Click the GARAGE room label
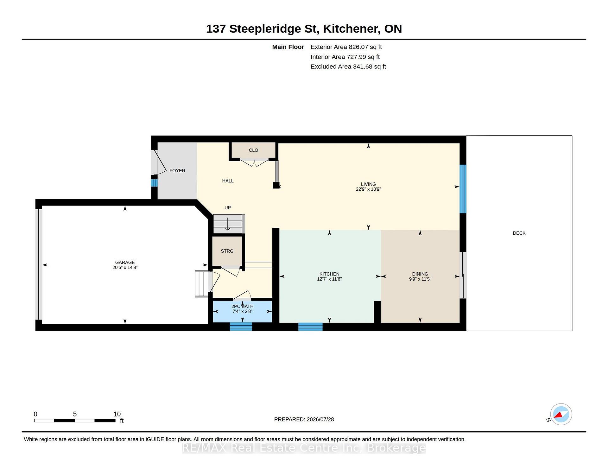click(x=125, y=262)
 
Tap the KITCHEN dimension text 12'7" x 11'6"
click(x=329, y=279)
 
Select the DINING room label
click(x=420, y=274)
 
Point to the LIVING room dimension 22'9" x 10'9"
click(x=368, y=189)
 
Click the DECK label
click(x=519, y=233)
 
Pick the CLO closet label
click(x=253, y=150)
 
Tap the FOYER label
click(x=177, y=171)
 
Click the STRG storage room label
click(x=227, y=251)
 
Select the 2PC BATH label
click(x=242, y=306)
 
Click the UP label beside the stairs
click(x=227, y=208)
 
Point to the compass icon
click(x=561, y=414)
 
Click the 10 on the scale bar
click(x=117, y=414)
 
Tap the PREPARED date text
click(x=304, y=419)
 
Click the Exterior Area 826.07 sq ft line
click(x=346, y=47)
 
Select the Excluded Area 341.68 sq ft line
click(x=348, y=67)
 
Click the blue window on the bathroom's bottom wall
click(x=241, y=327)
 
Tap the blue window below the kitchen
click(x=310, y=327)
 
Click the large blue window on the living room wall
click(x=463, y=189)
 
